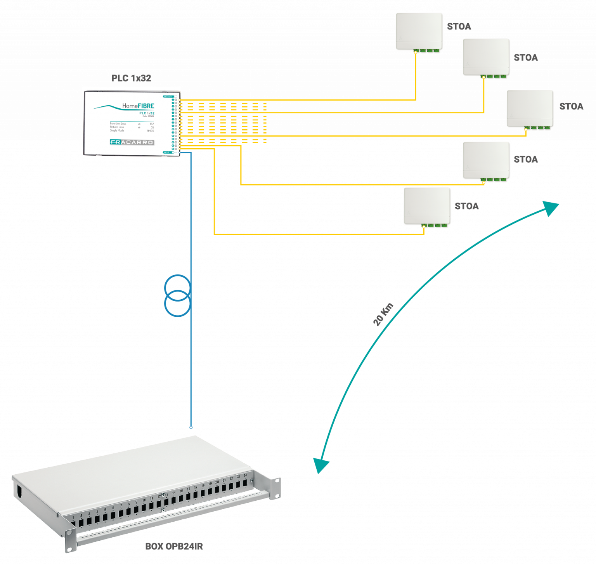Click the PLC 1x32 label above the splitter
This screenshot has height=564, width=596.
131,78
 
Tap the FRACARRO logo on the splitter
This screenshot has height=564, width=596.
132,142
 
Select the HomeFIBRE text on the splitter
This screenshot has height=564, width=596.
138,106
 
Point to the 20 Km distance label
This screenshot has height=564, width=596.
383,314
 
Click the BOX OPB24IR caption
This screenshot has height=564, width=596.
174,546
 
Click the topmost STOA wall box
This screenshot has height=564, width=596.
419,32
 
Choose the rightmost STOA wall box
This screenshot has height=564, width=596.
530,109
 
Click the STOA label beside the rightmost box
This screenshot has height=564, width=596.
571,107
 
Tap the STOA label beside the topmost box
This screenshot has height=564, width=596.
459,27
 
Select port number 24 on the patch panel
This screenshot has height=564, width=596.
245,482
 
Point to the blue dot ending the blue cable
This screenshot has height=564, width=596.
191,427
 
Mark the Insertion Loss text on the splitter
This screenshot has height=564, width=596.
118,123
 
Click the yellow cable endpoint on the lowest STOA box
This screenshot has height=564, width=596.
424,226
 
